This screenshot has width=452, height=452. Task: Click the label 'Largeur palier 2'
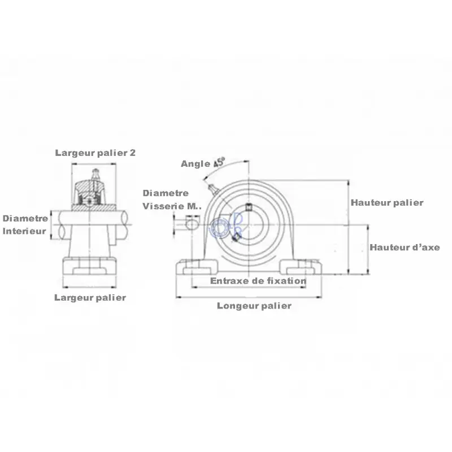pos(95,153)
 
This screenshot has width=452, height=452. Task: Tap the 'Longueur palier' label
pos(254,306)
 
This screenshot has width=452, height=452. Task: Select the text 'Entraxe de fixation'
pos(258,281)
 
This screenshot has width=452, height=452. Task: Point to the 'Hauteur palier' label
pos(387,203)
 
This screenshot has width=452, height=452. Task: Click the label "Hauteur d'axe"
pos(405,247)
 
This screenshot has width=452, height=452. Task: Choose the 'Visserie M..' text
pos(172,206)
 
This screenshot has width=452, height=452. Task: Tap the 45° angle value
pos(219,162)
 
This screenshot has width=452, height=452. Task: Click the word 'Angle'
pos(195,164)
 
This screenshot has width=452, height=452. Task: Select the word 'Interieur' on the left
pos(24,231)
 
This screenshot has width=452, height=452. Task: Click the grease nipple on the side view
pos(95,174)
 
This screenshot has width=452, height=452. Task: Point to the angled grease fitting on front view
pos(213,188)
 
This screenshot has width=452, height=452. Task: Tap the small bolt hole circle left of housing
pos(192,224)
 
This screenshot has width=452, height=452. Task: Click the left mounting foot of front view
pos(197,267)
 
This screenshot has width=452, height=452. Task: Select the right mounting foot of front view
pos(301,267)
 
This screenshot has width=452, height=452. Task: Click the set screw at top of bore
pos(249,207)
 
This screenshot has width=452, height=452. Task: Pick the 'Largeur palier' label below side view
pos(90,298)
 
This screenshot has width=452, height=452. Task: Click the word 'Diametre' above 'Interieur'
pos(25,219)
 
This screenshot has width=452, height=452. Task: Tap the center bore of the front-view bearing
pos(249,225)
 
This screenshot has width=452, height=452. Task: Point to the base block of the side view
pos(90,266)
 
